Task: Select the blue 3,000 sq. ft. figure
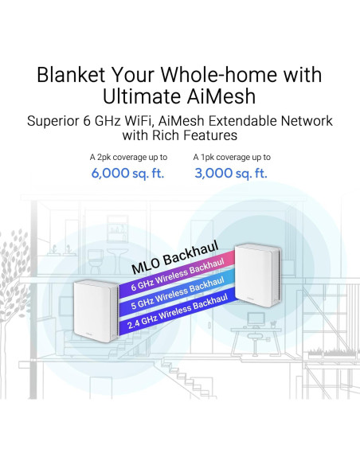(231, 173)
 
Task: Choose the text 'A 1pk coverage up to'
(232, 158)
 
